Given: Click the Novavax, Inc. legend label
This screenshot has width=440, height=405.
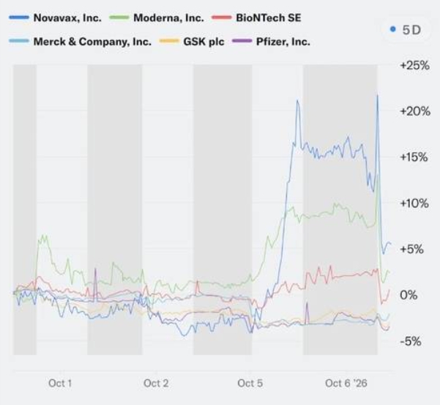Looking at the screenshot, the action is tap(67, 18).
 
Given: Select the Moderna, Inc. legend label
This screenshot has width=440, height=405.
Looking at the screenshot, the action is tap(168, 18).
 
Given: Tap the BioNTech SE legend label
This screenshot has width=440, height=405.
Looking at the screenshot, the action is tap(269, 18).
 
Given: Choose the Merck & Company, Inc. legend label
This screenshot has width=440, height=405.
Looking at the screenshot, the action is tap(92, 42).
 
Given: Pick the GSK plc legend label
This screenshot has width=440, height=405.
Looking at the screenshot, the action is tap(204, 42).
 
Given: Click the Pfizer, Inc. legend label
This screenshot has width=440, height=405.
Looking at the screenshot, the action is tap(283, 42).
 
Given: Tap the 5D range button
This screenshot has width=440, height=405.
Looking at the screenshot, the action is tap(406, 30).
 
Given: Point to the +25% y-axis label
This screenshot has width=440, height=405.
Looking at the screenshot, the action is tap(415, 66).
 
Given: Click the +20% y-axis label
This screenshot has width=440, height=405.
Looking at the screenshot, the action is tap(415, 112).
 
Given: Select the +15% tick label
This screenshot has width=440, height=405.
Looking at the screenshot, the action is tap(414, 157).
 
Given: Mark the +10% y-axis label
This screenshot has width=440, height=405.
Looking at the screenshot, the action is tap(414, 203).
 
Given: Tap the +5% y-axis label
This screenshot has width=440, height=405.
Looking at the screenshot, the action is tap(411, 249).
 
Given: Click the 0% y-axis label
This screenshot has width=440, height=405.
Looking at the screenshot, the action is tap(409, 295).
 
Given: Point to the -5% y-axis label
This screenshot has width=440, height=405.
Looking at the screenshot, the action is tap(411, 341).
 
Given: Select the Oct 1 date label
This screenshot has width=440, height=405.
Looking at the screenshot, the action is tap(60, 383).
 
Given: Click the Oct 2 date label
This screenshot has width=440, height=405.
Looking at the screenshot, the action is tap(156, 383).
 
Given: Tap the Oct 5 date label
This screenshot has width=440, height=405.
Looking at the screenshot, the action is tap(250, 383).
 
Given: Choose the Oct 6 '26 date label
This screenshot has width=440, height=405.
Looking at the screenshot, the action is tap(346, 383).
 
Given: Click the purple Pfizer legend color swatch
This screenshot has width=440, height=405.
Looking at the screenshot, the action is tap(242, 41).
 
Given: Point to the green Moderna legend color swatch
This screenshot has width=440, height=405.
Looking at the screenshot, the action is tap(119, 18).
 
